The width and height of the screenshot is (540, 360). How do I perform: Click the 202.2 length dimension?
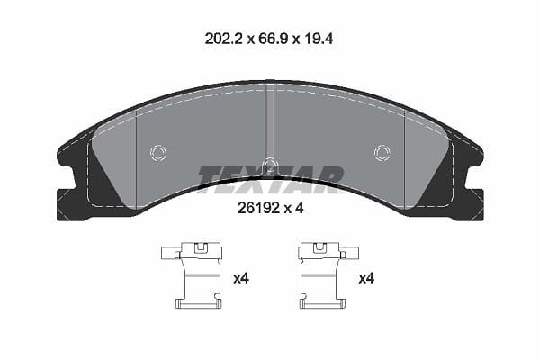[x=223, y=39]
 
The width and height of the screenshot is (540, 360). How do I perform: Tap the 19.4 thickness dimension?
[x=318, y=39]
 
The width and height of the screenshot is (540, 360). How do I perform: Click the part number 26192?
[x=258, y=208]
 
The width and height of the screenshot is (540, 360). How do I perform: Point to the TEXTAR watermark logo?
[x=270, y=179]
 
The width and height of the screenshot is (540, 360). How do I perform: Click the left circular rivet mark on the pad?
[x=158, y=152]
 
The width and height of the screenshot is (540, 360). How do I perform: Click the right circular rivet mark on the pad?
[x=382, y=152]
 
